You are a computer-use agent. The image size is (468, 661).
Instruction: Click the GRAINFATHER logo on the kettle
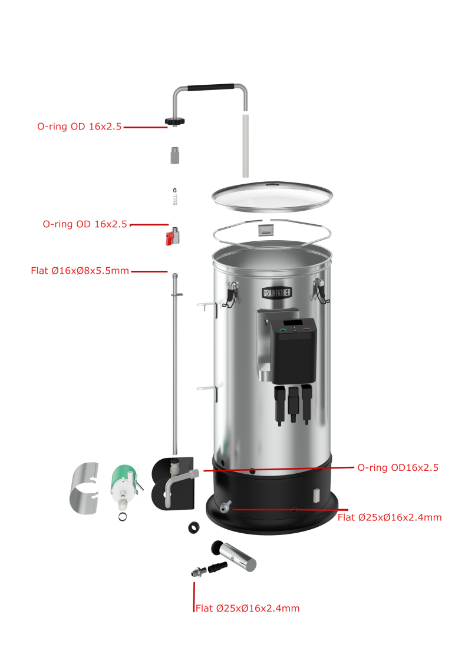[x=277, y=293]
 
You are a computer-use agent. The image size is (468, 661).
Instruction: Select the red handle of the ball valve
[x=170, y=239]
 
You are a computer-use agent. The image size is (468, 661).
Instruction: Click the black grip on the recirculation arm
[x=210, y=87]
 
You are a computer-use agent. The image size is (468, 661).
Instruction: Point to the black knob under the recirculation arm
[x=174, y=121]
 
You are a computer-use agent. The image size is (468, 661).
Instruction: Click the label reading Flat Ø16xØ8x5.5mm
[x=80, y=271]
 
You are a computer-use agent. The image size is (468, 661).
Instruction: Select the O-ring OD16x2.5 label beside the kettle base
[x=398, y=467]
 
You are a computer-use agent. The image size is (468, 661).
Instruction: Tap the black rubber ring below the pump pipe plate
[x=194, y=527]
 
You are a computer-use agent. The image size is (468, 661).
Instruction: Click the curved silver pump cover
[x=84, y=488]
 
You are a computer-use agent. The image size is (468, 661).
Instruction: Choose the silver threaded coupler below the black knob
[x=174, y=155]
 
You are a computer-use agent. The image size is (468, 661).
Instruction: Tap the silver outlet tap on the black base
[x=225, y=506]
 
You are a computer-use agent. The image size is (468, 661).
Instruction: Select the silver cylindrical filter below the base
[x=235, y=555]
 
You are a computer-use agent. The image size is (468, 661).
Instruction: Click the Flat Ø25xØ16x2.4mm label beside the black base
[x=390, y=517]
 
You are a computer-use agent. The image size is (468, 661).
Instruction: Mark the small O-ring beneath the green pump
[x=123, y=517]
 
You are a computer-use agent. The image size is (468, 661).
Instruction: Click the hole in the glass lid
[x=272, y=184]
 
